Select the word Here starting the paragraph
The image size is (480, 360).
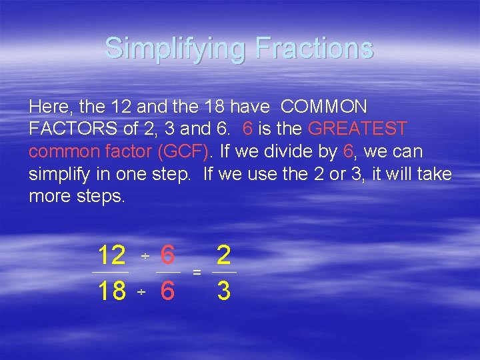[x=48, y=107]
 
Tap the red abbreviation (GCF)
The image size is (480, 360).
[x=183, y=151]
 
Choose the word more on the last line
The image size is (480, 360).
[x=48, y=197]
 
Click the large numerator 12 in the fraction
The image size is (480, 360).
[x=111, y=255]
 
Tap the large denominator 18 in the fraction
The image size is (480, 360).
[x=111, y=291]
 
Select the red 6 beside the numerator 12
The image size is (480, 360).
[x=168, y=255]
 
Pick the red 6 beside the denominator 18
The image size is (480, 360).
[x=168, y=291]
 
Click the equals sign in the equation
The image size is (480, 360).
[x=197, y=273]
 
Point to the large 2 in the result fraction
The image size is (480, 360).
[x=224, y=255]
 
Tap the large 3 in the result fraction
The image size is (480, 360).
[x=224, y=291]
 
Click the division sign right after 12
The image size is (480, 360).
[x=145, y=257]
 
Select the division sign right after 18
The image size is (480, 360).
[x=141, y=293]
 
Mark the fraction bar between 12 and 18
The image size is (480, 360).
[x=110, y=273]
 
